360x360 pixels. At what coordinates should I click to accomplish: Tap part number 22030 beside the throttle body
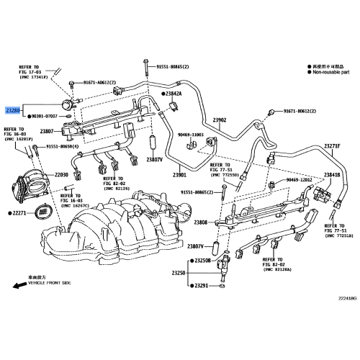pos(60,174)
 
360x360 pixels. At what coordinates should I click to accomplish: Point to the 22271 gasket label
pos(19,213)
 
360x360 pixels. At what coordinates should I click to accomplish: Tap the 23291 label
pos(200,286)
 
